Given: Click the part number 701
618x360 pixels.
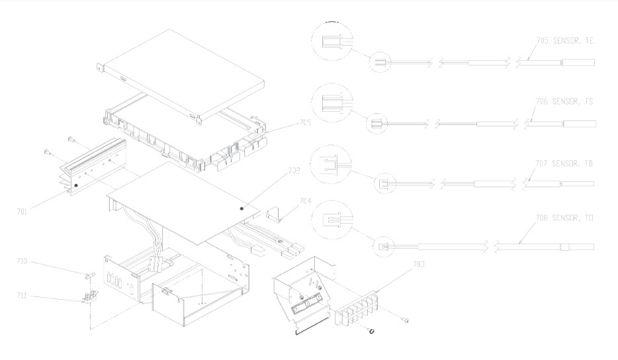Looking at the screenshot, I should pyautogui.click(x=22, y=212).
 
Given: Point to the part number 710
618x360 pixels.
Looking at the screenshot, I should pyautogui.click(x=22, y=262).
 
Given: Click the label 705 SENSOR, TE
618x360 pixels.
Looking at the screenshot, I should pyautogui.click(x=564, y=41).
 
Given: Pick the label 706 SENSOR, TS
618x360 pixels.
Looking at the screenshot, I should pyautogui.click(x=564, y=102).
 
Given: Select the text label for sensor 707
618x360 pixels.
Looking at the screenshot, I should pyautogui.click(x=564, y=163).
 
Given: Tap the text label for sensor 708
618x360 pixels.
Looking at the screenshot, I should pyautogui.click(x=564, y=218).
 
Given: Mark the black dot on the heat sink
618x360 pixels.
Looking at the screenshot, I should pyautogui.click(x=77, y=187).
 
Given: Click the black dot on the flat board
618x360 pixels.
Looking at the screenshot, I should pyautogui.click(x=242, y=208).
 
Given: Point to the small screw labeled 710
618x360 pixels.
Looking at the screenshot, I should pyautogui.click(x=87, y=273).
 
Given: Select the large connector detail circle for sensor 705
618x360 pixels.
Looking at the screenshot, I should pyautogui.click(x=332, y=41).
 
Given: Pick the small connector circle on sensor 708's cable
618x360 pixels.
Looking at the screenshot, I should pyautogui.click(x=382, y=247).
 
